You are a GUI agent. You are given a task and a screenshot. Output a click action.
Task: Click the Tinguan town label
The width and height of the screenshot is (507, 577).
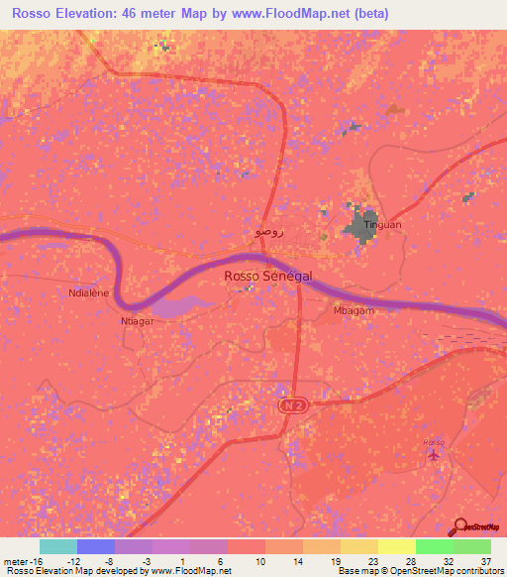383,225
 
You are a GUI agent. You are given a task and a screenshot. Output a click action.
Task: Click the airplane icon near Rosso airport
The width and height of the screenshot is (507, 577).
434,455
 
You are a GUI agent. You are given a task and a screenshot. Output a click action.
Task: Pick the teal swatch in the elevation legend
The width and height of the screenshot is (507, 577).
58,546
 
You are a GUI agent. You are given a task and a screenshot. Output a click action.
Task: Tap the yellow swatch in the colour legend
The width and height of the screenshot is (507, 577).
396,546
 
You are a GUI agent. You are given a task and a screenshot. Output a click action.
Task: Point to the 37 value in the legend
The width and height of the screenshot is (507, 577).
485,560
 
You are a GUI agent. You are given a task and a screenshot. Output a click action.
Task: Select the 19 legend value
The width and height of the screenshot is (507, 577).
336,560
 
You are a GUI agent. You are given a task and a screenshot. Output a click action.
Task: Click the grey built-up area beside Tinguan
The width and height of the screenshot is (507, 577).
360,223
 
